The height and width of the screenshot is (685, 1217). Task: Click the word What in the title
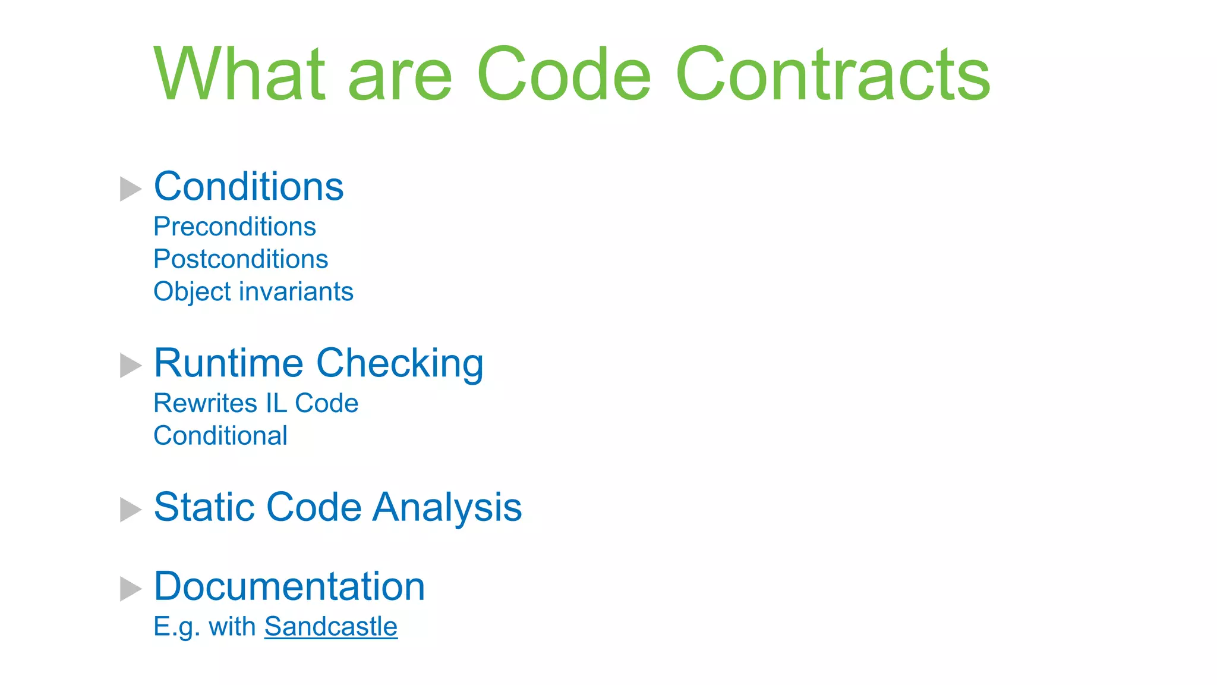(x=240, y=74)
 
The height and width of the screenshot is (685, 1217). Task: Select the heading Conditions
(x=248, y=187)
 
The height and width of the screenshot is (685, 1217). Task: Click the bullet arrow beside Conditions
(x=130, y=189)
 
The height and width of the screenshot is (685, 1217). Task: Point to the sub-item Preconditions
(x=235, y=227)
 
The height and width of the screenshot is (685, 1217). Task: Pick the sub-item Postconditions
(x=241, y=259)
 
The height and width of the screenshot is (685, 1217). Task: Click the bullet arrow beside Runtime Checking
(x=130, y=366)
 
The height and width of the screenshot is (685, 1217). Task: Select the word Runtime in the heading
(x=229, y=363)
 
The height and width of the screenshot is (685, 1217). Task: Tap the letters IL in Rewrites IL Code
(x=276, y=403)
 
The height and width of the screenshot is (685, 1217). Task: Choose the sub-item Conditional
(x=220, y=436)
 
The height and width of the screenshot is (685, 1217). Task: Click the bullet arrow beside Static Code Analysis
(x=130, y=510)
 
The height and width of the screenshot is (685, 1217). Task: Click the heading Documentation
(x=289, y=586)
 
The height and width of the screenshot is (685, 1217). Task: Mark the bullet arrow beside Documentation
(x=130, y=589)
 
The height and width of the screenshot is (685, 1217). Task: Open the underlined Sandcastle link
(x=331, y=627)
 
